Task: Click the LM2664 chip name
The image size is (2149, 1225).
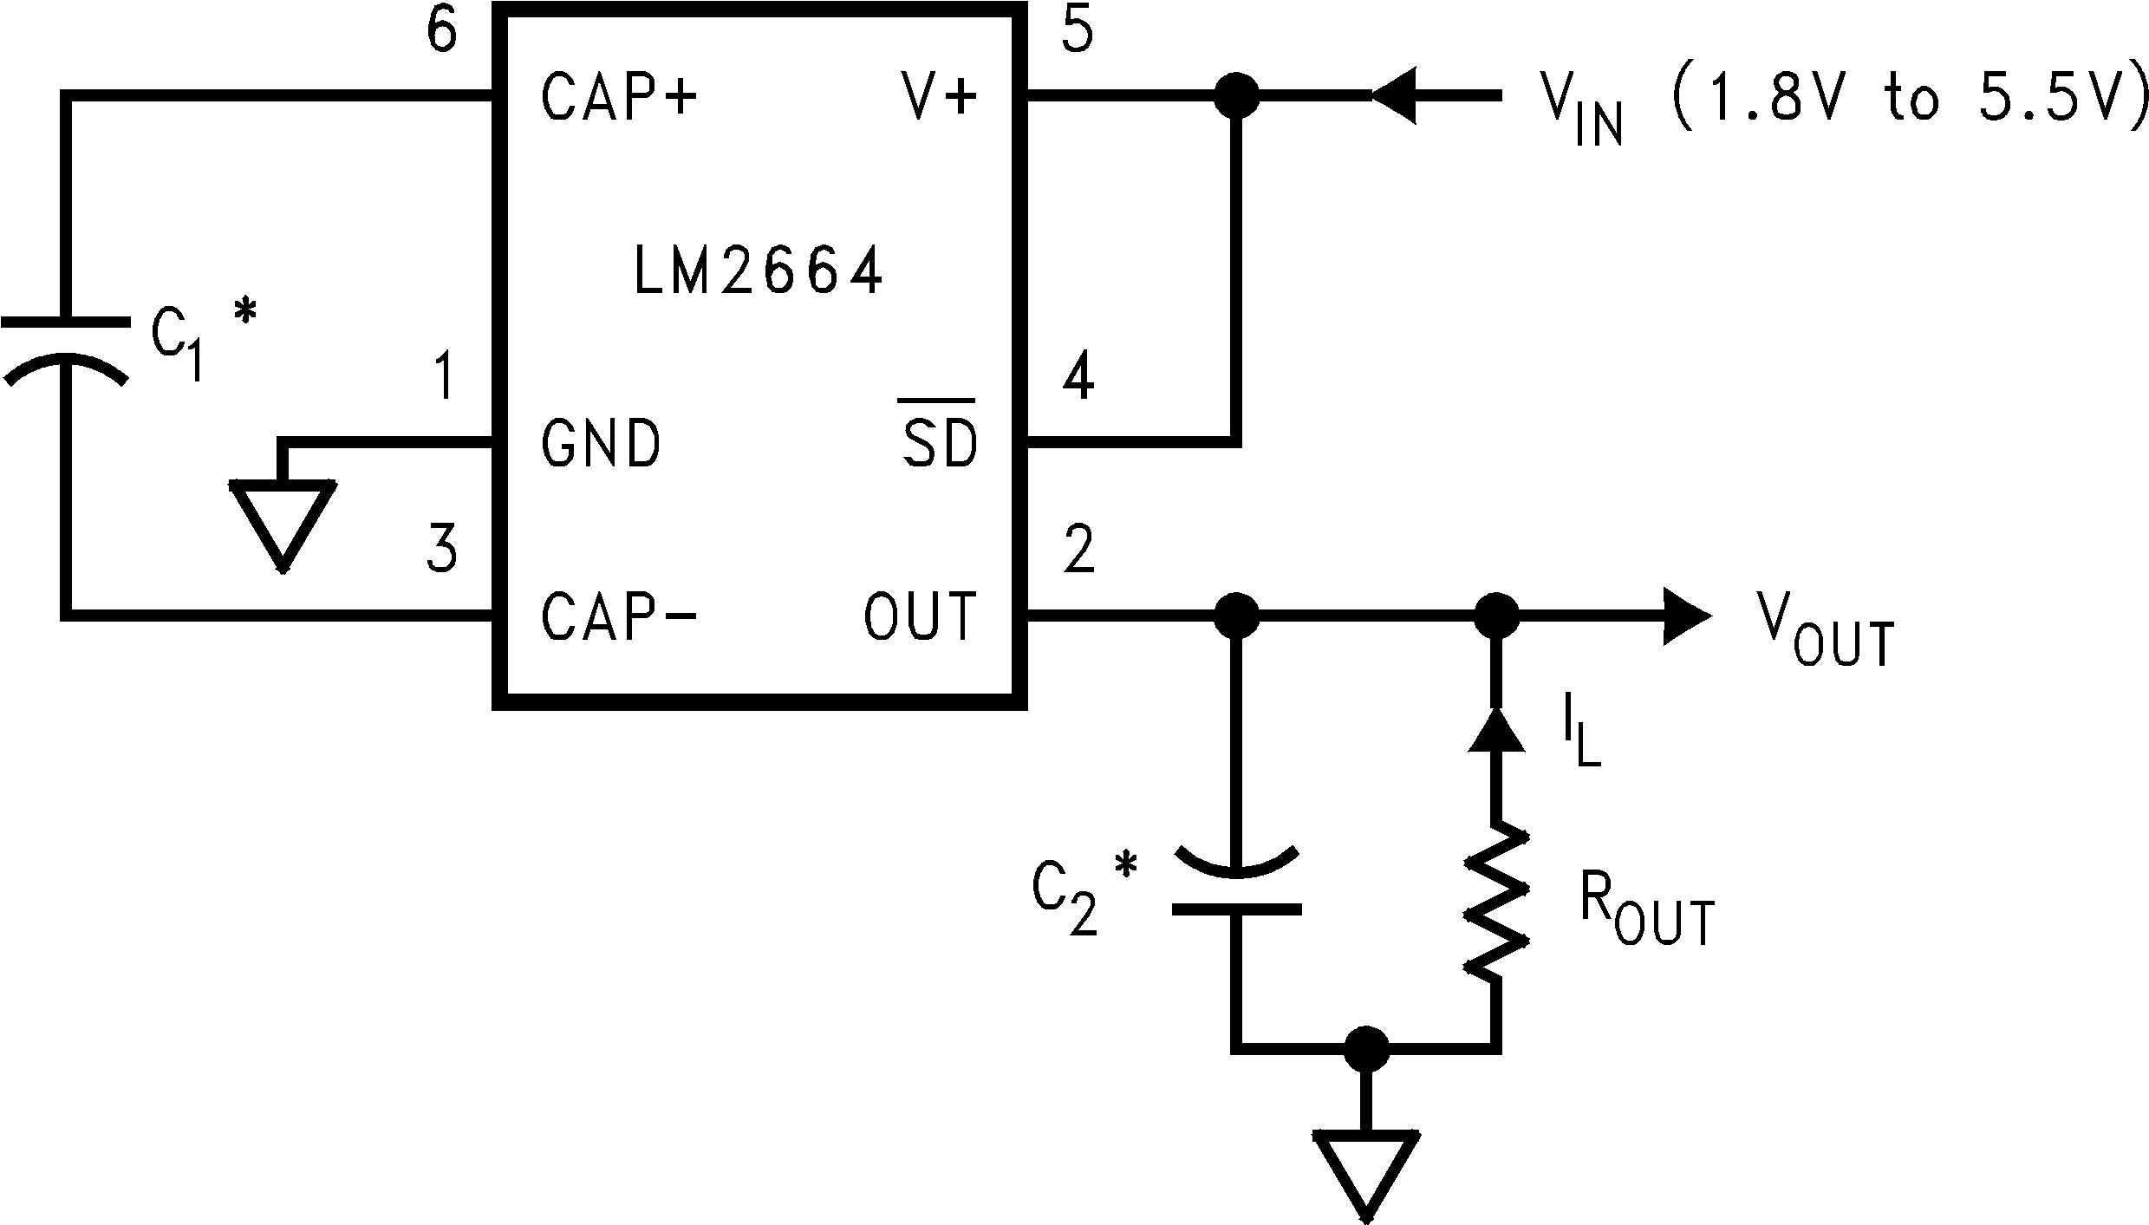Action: [x=759, y=271]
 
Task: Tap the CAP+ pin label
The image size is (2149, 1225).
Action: [x=619, y=96]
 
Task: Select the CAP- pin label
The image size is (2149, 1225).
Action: [x=619, y=616]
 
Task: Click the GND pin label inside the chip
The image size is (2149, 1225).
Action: [x=601, y=444]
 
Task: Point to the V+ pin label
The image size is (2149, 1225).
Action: [x=940, y=96]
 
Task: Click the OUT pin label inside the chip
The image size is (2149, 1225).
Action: [x=921, y=616]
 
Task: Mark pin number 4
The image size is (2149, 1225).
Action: [x=1078, y=378]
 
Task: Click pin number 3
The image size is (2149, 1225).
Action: [x=442, y=550]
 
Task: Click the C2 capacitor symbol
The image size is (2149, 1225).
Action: [x=1236, y=882]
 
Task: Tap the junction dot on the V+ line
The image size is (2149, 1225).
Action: [x=1236, y=96]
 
